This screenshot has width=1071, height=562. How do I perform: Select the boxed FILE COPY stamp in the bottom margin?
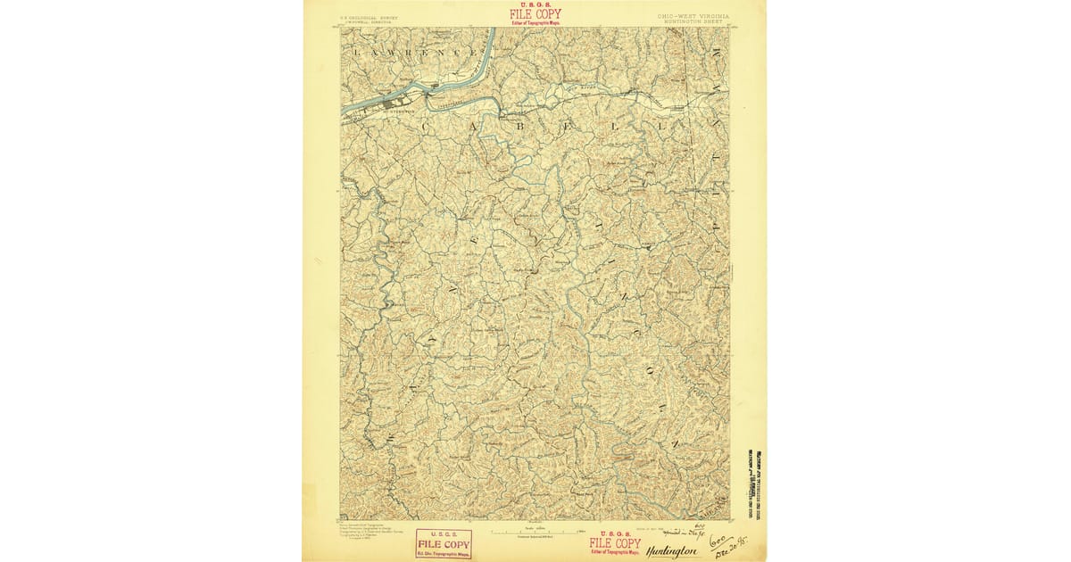tap(444, 543)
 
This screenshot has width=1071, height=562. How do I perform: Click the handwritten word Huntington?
tap(671, 551)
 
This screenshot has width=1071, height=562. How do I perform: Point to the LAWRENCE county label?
tap(411, 53)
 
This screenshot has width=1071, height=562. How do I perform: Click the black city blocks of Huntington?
tap(393, 104)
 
